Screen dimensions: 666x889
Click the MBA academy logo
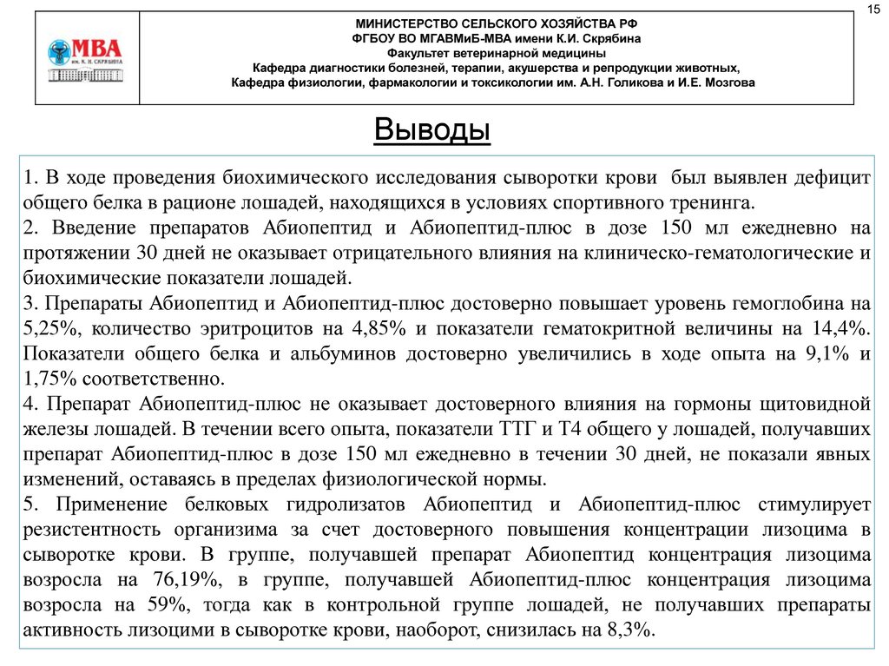tap(85, 58)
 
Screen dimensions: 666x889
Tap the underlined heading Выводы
tap(432, 131)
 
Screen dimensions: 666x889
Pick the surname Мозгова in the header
tap(726, 82)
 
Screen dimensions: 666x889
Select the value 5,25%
tap(45, 328)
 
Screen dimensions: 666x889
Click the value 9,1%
tap(813, 353)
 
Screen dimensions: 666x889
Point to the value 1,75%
tap(52, 379)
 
